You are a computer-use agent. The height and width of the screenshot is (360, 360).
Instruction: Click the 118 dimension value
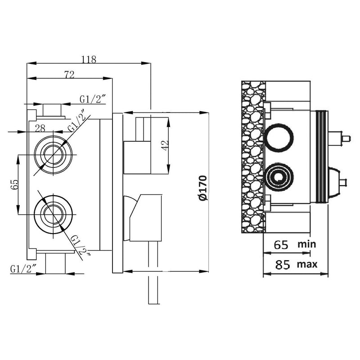(89, 59)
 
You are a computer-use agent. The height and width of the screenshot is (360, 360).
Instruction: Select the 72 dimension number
(69, 75)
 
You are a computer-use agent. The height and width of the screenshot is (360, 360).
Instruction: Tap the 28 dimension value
(40, 128)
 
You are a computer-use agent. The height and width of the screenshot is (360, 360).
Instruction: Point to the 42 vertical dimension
(165, 145)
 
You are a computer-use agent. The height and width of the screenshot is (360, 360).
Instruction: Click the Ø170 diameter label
(203, 188)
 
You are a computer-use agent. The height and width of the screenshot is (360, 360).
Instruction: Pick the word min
(307, 244)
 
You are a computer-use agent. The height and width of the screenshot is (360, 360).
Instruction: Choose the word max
(307, 265)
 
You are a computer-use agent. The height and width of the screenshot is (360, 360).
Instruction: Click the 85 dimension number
(283, 265)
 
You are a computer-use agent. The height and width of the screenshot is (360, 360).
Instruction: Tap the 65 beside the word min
(281, 245)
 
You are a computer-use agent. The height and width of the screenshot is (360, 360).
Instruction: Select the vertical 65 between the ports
(14, 184)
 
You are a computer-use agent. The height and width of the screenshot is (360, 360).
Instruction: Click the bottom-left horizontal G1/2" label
(23, 269)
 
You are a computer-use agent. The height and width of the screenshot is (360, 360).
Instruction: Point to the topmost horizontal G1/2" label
(93, 99)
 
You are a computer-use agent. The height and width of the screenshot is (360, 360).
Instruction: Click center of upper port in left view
(53, 154)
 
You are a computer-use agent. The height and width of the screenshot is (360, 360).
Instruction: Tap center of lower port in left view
(53, 215)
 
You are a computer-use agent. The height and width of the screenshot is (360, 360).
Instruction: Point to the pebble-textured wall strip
(253, 157)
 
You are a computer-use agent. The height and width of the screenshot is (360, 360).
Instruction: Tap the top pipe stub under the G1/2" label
(52, 110)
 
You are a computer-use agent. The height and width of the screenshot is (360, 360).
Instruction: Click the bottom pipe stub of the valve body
(55, 263)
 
